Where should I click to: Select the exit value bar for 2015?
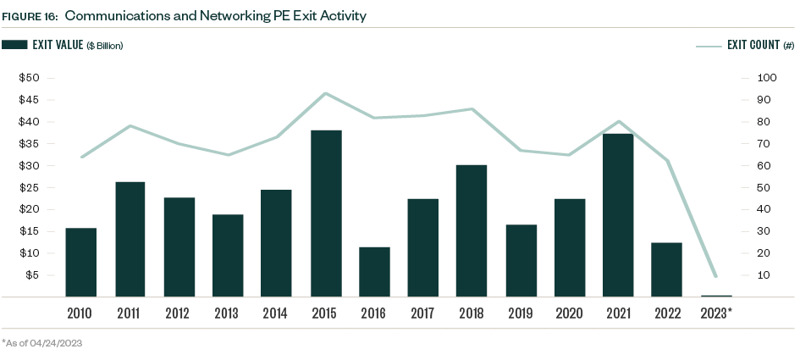coord(326,213)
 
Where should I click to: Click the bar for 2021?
coord(618,215)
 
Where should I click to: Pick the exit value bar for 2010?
coord(81,262)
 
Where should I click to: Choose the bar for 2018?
coord(472,230)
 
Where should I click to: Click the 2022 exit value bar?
coord(666,269)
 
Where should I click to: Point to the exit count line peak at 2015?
coord(326,93)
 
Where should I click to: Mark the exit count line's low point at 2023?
coord(715,276)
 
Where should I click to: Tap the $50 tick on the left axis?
coord(30,78)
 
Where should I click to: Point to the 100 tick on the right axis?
coord(767,78)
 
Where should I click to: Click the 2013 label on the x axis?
coord(228,313)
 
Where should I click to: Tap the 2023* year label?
coord(716,313)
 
